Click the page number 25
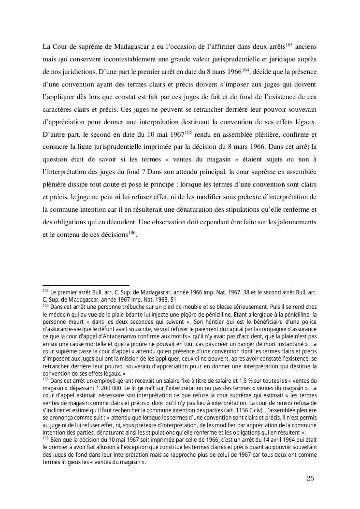[x=310, y=479]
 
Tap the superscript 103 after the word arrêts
[x=289, y=45]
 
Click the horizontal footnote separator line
[x=86, y=285]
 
